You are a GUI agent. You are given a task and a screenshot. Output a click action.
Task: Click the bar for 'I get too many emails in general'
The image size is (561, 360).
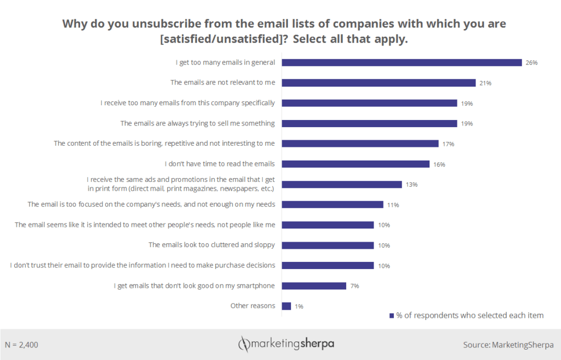402,62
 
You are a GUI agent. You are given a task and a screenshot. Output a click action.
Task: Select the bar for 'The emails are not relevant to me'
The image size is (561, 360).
379,83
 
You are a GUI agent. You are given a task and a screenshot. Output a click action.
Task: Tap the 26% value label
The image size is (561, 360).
531,63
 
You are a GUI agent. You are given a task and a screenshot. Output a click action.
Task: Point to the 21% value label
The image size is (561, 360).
485,83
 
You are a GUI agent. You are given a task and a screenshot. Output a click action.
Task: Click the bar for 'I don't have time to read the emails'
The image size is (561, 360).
356,164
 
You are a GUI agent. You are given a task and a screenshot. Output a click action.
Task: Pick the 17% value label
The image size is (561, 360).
449,144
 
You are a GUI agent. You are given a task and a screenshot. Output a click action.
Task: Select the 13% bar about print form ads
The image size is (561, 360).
342,184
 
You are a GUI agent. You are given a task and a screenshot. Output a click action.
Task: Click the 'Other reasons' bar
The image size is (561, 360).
287,306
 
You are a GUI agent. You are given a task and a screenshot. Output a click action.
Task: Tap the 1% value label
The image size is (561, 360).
299,306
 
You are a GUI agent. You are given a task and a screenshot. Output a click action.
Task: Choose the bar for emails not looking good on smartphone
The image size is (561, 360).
314,285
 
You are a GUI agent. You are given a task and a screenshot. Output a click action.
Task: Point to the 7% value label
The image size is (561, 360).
354,286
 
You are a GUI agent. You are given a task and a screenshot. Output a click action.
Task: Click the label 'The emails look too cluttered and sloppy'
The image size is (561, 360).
212,244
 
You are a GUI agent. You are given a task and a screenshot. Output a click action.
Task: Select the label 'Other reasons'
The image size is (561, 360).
253,305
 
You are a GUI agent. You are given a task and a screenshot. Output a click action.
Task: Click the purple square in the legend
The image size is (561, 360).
392,316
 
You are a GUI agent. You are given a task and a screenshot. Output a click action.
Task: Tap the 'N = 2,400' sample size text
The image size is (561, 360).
21,345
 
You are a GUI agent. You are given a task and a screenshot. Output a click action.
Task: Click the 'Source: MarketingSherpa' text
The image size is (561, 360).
508,345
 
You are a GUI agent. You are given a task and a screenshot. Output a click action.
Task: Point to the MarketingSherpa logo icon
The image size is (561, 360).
243,344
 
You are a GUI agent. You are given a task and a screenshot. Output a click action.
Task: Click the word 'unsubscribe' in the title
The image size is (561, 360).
141,24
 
